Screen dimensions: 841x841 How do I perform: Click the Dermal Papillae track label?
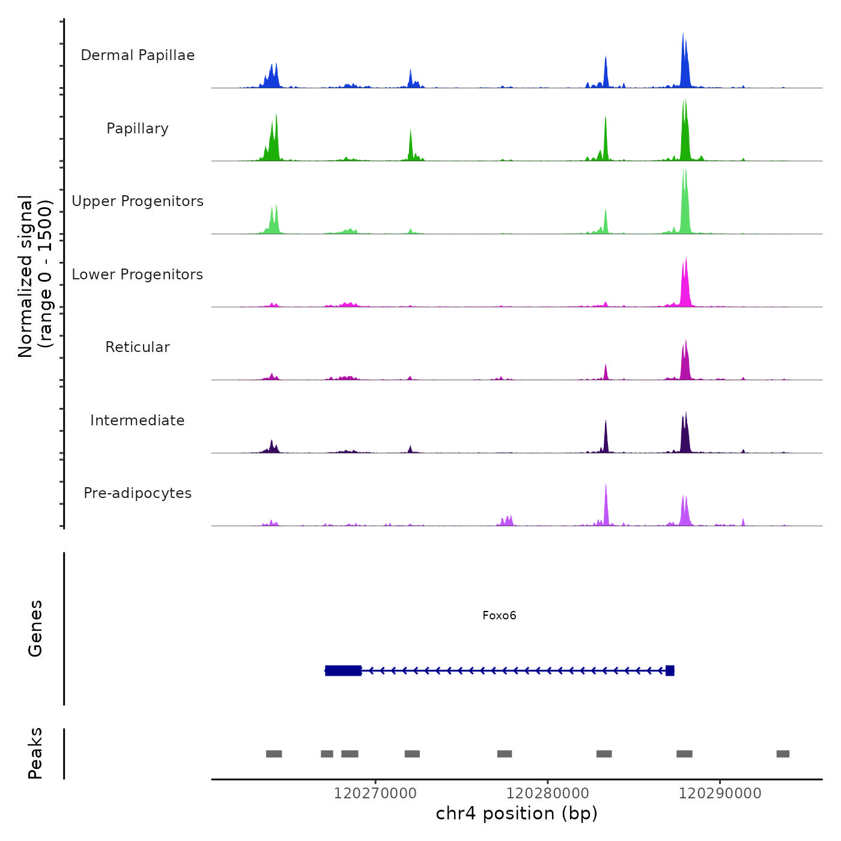(138, 55)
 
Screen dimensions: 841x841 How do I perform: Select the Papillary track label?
(138, 129)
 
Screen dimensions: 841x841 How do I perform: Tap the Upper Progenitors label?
(138, 201)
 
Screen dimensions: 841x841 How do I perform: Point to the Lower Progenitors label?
(138, 275)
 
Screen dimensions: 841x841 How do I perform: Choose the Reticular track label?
(138, 347)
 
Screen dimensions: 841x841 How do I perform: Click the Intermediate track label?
(138, 421)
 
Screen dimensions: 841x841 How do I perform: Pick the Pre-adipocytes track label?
(138, 493)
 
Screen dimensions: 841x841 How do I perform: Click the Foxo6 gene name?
(499, 615)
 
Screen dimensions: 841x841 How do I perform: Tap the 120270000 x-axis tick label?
(375, 794)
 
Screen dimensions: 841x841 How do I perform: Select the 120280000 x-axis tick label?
(547, 794)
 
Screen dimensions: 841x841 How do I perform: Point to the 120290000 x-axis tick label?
(720, 794)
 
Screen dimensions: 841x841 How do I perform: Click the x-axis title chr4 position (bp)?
(517, 813)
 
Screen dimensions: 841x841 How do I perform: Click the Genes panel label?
(35, 628)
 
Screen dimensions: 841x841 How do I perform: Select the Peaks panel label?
(35, 753)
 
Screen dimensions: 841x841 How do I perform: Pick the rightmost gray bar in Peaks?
(783, 754)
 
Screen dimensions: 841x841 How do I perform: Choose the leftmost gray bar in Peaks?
(274, 754)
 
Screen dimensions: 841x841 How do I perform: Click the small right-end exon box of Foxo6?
(670, 670)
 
